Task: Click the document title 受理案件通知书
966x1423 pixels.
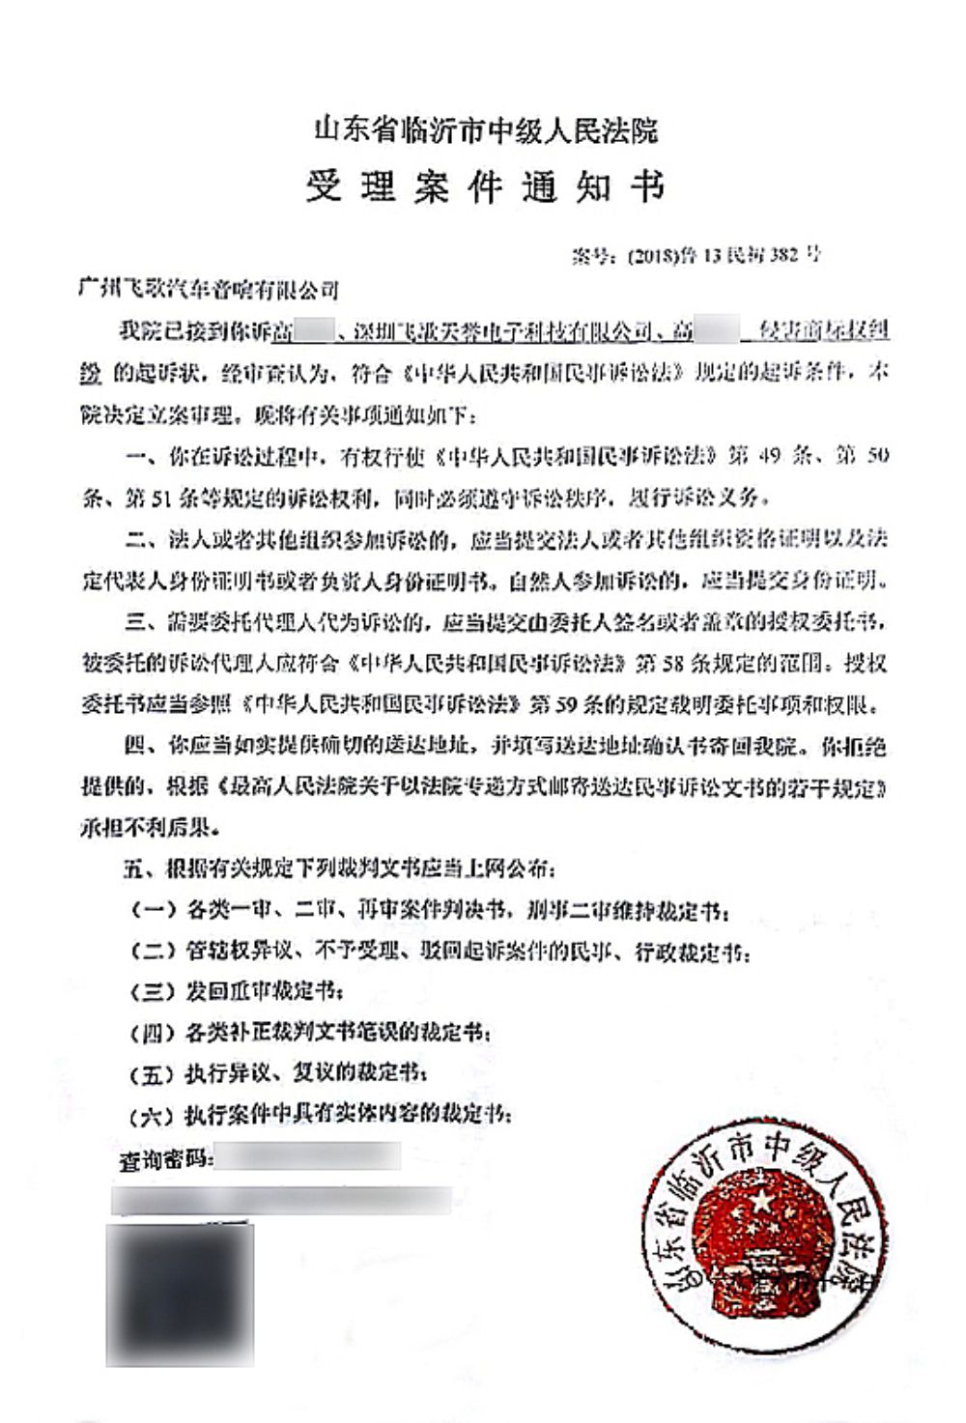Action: (x=486, y=186)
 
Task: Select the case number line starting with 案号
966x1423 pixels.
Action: (x=696, y=255)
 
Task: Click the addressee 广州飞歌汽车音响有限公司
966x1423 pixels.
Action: (x=209, y=288)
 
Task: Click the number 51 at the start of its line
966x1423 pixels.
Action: (x=137, y=498)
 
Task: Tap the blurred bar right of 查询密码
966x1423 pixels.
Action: (x=307, y=1155)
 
